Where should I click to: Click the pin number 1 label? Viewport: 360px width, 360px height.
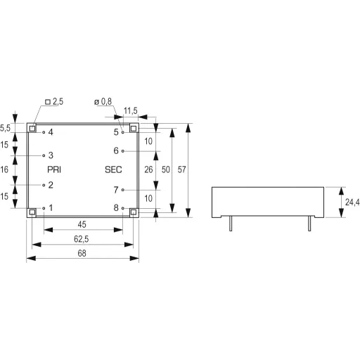coord(51,208)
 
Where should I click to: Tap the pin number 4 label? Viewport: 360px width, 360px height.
coord(51,132)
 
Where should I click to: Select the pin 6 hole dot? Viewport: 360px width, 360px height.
coord(124,151)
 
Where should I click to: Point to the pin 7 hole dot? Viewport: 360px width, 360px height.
coord(124,190)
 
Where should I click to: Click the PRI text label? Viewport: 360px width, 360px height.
coord(54,169)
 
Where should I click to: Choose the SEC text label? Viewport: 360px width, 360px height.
coord(113,169)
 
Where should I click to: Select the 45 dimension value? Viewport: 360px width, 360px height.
coord(83,224)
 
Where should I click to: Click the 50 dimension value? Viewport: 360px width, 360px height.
coord(166,169)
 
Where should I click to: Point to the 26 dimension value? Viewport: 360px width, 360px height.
coord(148,169)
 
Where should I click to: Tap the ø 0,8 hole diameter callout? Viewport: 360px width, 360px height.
coord(103,102)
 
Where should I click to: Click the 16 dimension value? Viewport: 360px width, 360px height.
coord(5,169)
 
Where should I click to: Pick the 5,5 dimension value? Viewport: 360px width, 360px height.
coord(5,128)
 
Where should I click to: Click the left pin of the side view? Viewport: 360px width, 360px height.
coord(231,223)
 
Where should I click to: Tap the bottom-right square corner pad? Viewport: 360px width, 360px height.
coord(134,212)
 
